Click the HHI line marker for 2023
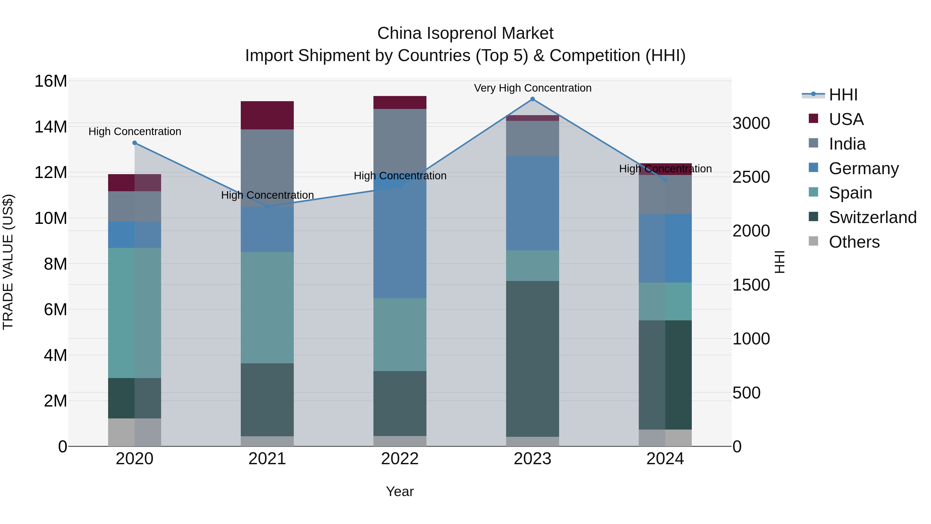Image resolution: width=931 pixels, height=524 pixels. pyautogui.click(x=532, y=99)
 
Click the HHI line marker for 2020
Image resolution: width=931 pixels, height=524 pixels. pyautogui.click(x=134, y=143)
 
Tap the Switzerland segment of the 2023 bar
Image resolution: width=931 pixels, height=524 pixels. pyautogui.click(x=532, y=358)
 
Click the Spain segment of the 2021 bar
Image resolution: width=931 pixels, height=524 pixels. pyautogui.click(x=267, y=307)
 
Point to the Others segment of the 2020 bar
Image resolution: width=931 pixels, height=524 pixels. pyautogui.click(x=134, y=432)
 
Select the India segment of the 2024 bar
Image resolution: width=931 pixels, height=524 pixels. pyautogui.click(x=665, y=195)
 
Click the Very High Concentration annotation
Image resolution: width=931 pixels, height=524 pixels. pyautogui.click(x=532, y=88)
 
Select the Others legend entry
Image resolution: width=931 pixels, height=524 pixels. pyautogui.click(x=854, y=242)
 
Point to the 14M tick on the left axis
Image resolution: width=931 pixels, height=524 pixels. pyautogui.click(x=51, y=127)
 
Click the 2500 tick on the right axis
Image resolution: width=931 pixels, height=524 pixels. pyautogui.click(x=751, y=177)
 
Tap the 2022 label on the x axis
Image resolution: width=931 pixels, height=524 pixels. pyautogui.click(x=400, y=459)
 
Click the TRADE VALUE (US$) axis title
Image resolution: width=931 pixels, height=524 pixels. pyautogui.click(x=8, y=262)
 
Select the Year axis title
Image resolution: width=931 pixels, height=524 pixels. pyautogui.click(x=400, y=491)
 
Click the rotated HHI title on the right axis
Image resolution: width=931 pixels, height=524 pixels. pyautogui.click(x=779, y=262)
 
